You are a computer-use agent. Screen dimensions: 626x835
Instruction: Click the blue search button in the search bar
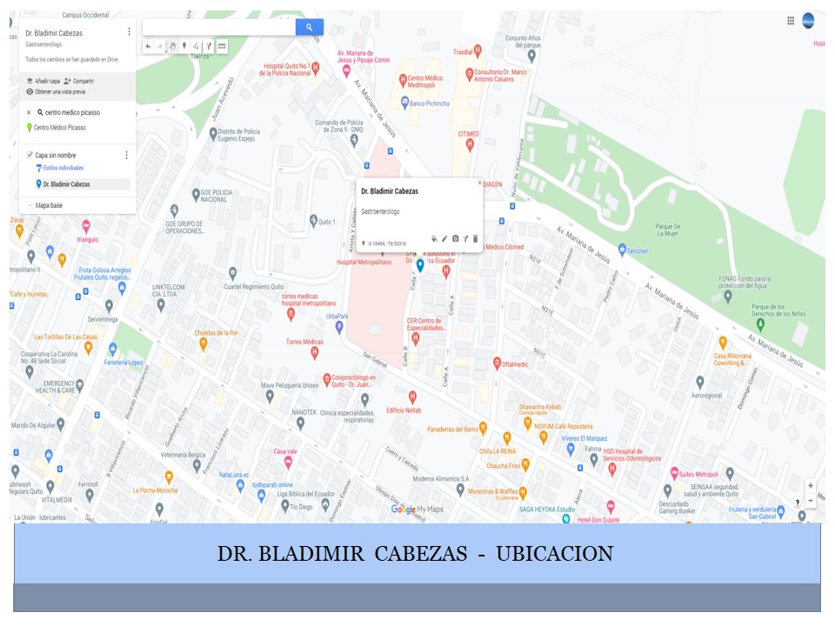click(x=309, y=28)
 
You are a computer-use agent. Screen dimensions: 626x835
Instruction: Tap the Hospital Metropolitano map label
click(x=364, y=262)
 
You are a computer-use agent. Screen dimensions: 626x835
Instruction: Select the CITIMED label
click(x=469, y=134)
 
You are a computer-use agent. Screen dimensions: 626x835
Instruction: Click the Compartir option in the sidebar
click(x=83, y=81)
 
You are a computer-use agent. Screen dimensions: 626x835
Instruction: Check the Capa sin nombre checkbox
click(x=30, y=155)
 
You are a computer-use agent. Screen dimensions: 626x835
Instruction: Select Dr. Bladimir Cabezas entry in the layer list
click(x=66, y=184)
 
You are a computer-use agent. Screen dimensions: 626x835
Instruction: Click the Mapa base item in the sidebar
click(x=49, y=205)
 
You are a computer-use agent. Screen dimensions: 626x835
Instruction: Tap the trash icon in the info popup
click(x=475, y=238)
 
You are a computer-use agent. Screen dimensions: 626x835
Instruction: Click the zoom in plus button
click(x=811, y=486)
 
